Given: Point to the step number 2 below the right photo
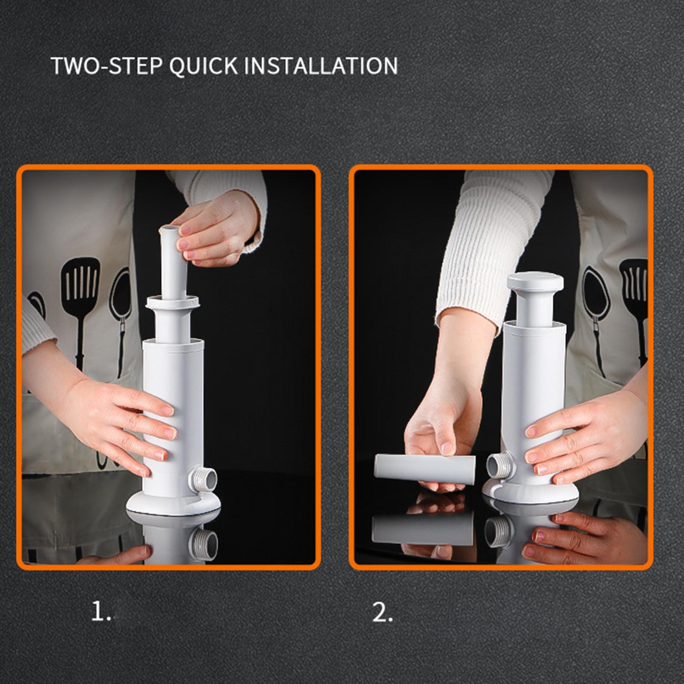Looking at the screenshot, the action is point(382,613).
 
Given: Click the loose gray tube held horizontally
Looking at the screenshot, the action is point(425,469).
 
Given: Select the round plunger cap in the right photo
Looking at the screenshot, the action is point(535,282).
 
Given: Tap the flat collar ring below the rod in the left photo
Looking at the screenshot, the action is point(173,302).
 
